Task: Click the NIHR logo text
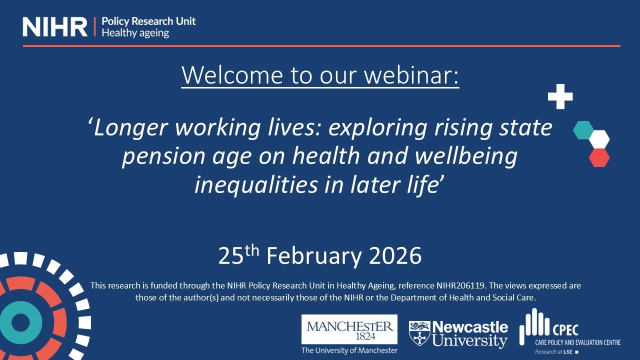click(55, 26)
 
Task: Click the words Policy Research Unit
click(148, 21)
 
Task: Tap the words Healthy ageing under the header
click(135, 33)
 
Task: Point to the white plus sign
click(560, 96)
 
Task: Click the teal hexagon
click(583, 130)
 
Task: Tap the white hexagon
click(599, 139)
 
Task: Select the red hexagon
click(599, 157)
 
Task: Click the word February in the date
click(314, 256)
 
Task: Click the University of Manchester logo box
click(349, 329)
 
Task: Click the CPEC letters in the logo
click(564, 330)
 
